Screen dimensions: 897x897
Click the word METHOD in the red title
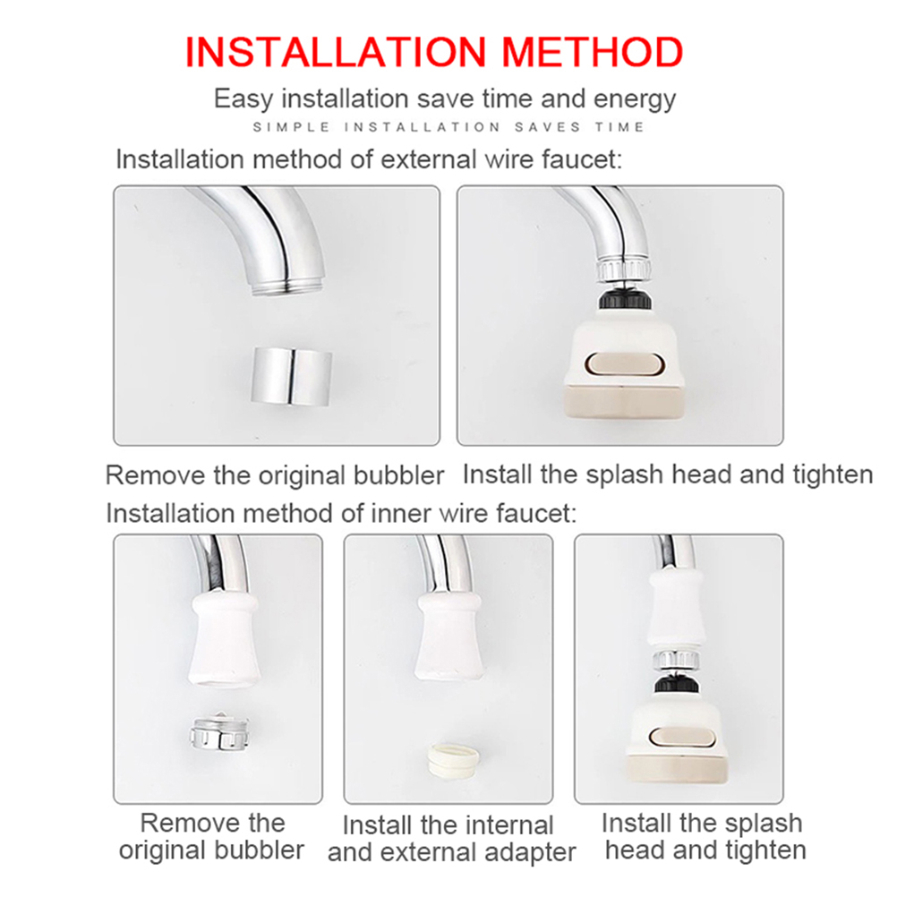click(592, 52)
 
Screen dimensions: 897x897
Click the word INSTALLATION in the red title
click(336, 52)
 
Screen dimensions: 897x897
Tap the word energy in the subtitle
click(635, 99)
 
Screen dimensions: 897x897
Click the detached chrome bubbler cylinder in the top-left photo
click(292, 376)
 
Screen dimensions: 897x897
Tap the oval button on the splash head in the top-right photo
click(625, 365)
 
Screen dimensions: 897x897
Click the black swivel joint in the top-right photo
click(624, 300)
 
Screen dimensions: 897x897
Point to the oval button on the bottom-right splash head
click(679, 738)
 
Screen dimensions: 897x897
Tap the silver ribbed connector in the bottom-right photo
click(676, 659)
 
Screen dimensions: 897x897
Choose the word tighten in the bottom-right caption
click(766, 850)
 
